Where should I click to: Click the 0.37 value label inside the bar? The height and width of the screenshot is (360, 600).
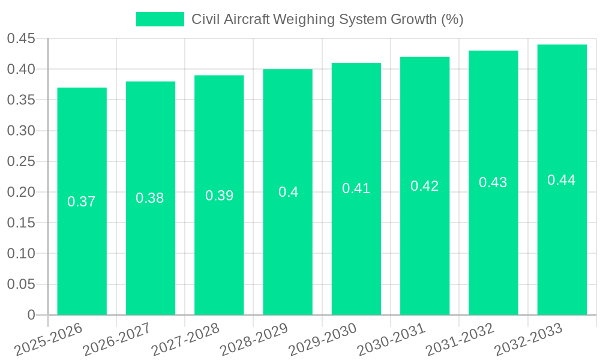point(82,202)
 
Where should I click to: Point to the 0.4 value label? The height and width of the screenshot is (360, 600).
point(288,192)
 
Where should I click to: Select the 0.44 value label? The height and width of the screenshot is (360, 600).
point(562,180)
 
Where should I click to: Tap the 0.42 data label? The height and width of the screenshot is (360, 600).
point(425,186)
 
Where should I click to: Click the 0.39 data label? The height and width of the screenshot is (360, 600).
point(219,196)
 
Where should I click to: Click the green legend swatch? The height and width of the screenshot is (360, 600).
point(160,19)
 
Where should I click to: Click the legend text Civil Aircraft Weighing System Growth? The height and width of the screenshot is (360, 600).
point(327,19)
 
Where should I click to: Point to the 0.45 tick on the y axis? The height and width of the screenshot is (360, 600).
point(22,39)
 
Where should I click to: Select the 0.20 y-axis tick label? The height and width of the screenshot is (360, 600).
point(22,193)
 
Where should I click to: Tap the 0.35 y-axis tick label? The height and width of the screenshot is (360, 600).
point(22,100)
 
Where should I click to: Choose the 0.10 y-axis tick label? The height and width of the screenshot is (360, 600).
point(22,254)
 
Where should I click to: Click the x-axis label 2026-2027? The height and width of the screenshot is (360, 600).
point(117,339)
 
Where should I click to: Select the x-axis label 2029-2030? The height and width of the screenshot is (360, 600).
point(323,339)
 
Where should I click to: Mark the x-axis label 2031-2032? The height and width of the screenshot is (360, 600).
point(460,339)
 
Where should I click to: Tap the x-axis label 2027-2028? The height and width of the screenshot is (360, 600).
point(185,339)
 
